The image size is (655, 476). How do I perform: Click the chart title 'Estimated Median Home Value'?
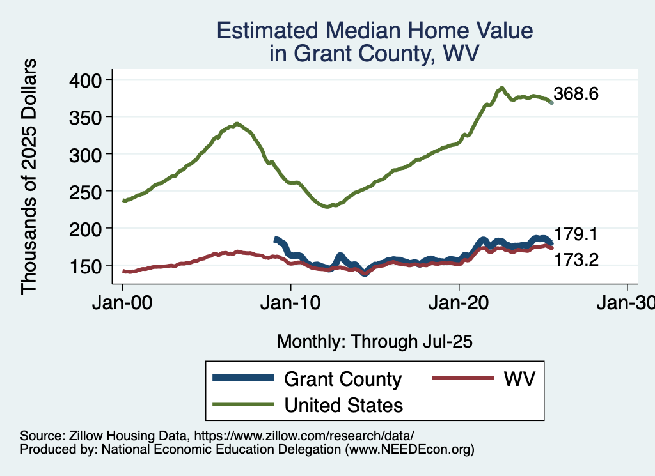pyautogui.click(x=374, y=31)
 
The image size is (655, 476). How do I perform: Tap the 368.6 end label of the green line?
pyautogui.click(x=576, y=95)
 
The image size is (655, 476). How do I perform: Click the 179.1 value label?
pyautogui.click(x=576, y=234)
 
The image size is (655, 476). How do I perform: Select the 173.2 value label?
pyautogui.click(x=576, y=260)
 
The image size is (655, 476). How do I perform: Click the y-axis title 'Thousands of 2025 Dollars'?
pyautogui.click(x=29, y=176)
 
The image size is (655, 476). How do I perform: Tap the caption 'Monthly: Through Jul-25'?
pyautogui.click(x=374, y=342)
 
